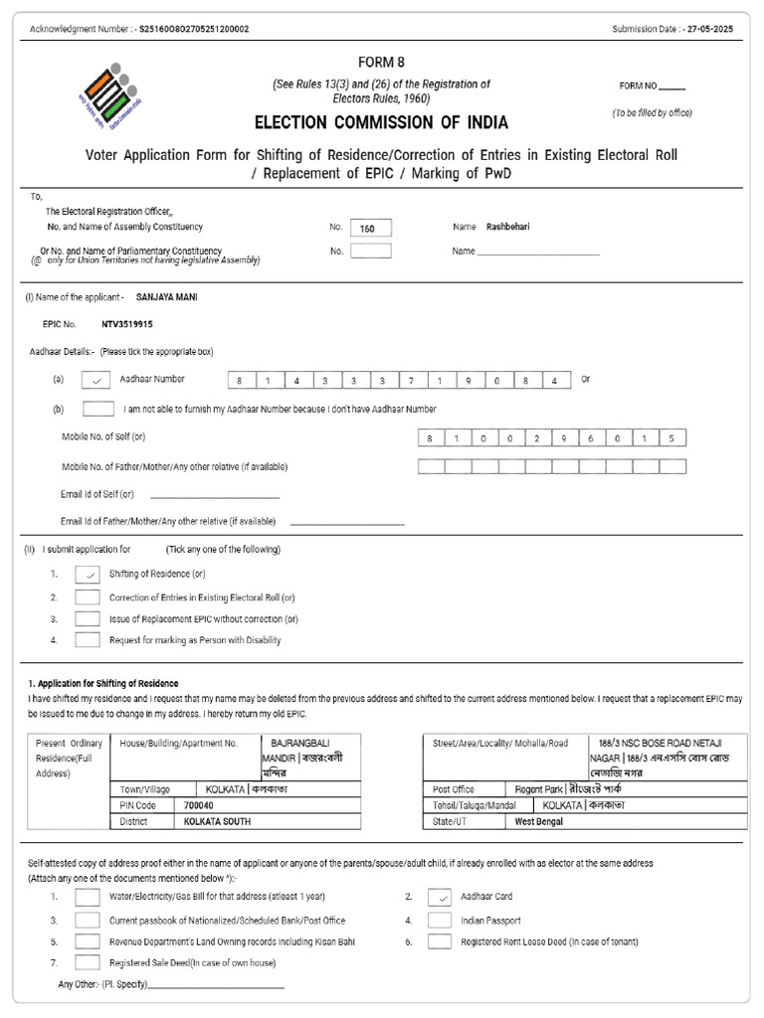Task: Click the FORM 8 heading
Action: pyautogui.click(x=381, y=62)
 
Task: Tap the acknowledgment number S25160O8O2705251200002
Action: pyautogui.click(x=195, y=29)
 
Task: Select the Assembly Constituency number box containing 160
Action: pyautogui.click(x=370, y=228)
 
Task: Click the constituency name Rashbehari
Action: pyautogui.click(x=507, y=227)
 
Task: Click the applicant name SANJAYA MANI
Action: pyautogui.click(x=166, y=297)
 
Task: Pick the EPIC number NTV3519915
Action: pyautogui.click(x=127, y=324)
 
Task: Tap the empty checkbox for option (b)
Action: pyautogui.click(x=97, y=409)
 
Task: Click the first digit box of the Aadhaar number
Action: pyautogui.click(x=240, y=381)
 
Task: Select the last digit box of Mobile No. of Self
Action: pyautogui.click(x=671, y=438)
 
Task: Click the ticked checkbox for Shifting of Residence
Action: pyautogui.click(x=88, y=574)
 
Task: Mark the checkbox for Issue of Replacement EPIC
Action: pyautogui.click(x=88, y=618)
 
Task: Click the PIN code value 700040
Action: pyautogui.click(x=199, y=805)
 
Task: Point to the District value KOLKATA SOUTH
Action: pyautogui.click(x=217, y=822)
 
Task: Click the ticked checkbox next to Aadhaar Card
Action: pyautogui.click(x=440, y=897)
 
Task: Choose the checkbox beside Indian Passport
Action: pyautogui.click(x=440, y=921)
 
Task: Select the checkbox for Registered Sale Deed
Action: pyautogui.click(x=88, y=962)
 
